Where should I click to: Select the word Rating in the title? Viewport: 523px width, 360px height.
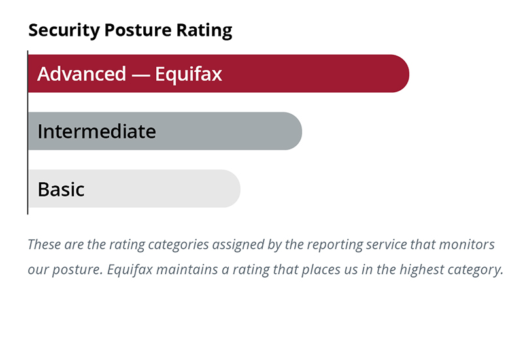click(x=209, y=30)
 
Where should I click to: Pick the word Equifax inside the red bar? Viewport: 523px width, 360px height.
click(x=188, y=74)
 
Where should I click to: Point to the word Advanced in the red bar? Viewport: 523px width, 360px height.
click(x=82, y=74)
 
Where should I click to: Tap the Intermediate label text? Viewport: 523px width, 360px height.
click(x=97, y=132)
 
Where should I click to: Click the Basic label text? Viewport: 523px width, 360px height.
click(x=61, y=189)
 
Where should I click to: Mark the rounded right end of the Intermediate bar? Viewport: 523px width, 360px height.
click(x=292, y=131)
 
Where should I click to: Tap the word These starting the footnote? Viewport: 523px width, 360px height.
click(x=44, y=245)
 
